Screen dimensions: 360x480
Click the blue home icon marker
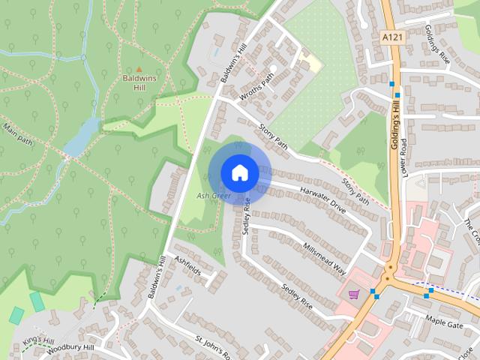pos(239,172)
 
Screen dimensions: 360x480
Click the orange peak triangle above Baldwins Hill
pos(139,69)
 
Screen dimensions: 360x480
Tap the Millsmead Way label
pos(324,258)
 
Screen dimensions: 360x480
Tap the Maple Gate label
pos(445,321)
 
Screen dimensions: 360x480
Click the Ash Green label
pos(213,196)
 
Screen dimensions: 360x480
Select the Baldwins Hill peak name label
pos(139,82)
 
